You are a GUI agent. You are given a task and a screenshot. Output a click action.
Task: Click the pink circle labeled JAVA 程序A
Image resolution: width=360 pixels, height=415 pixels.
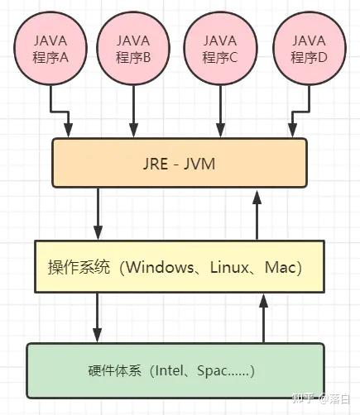(x=51, y=49)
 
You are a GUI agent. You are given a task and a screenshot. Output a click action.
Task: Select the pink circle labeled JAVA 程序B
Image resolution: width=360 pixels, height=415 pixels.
(x=132, y=49)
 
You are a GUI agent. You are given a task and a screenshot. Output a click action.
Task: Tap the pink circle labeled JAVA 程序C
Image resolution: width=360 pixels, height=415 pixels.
(x=220, y=49)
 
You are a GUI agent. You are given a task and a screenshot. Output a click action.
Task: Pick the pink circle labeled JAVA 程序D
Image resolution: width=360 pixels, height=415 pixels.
(x=308, y=49)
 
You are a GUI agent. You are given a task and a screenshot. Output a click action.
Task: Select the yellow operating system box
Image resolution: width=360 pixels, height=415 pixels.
(x=179, y=266)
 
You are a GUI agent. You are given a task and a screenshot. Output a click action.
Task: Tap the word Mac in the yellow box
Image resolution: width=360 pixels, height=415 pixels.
(x=280, y=268)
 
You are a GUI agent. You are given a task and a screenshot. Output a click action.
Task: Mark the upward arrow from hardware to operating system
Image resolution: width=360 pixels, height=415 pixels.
(x=264, y=317)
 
